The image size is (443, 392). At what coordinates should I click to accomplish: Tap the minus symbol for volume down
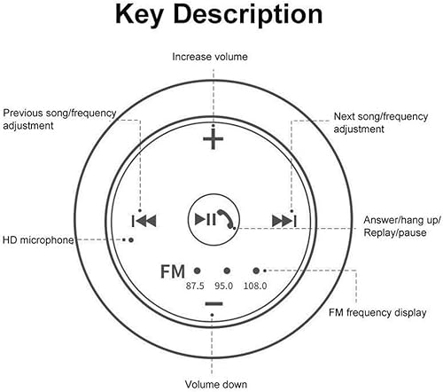click(x=214, y=304)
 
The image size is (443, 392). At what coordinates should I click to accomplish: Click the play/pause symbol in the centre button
click(x=205, y=219)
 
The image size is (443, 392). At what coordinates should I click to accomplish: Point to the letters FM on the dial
click(x=173, y=270)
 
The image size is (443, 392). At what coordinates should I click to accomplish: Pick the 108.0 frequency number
click(x=256, y=286)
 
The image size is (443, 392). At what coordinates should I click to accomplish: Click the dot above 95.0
click(x=227, y=270)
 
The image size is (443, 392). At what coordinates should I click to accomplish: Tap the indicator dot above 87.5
click(x=197, y=270)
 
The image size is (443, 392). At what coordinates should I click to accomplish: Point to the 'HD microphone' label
click(x=37, y=239)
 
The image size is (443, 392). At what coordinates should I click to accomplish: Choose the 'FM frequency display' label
click(x=377, y=312)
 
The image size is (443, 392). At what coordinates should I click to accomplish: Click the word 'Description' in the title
click(x=250, y=16)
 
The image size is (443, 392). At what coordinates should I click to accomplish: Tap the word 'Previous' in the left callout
click(x=24, y=113)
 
